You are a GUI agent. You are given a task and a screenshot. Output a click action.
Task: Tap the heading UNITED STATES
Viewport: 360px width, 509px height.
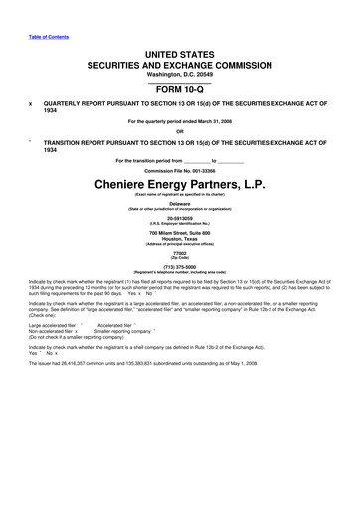[179, 50]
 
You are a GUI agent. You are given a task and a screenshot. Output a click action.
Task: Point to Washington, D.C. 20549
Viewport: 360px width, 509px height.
[179, 72]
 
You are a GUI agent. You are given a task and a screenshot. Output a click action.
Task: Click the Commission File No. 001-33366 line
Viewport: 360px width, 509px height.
[179, 169]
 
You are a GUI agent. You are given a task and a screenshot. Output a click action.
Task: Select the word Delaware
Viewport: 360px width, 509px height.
[179, 202]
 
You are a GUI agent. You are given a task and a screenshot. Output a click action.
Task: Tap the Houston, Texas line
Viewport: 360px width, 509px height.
[179, 244]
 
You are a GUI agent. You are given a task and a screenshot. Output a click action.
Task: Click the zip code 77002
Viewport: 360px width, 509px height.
[179, 260]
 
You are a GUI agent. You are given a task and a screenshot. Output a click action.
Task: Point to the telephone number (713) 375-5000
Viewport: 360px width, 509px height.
[179, 278]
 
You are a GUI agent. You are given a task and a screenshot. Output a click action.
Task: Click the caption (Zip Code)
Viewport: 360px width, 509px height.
[179, 266]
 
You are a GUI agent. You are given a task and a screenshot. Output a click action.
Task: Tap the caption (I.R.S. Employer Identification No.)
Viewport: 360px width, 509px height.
[179, 226]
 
